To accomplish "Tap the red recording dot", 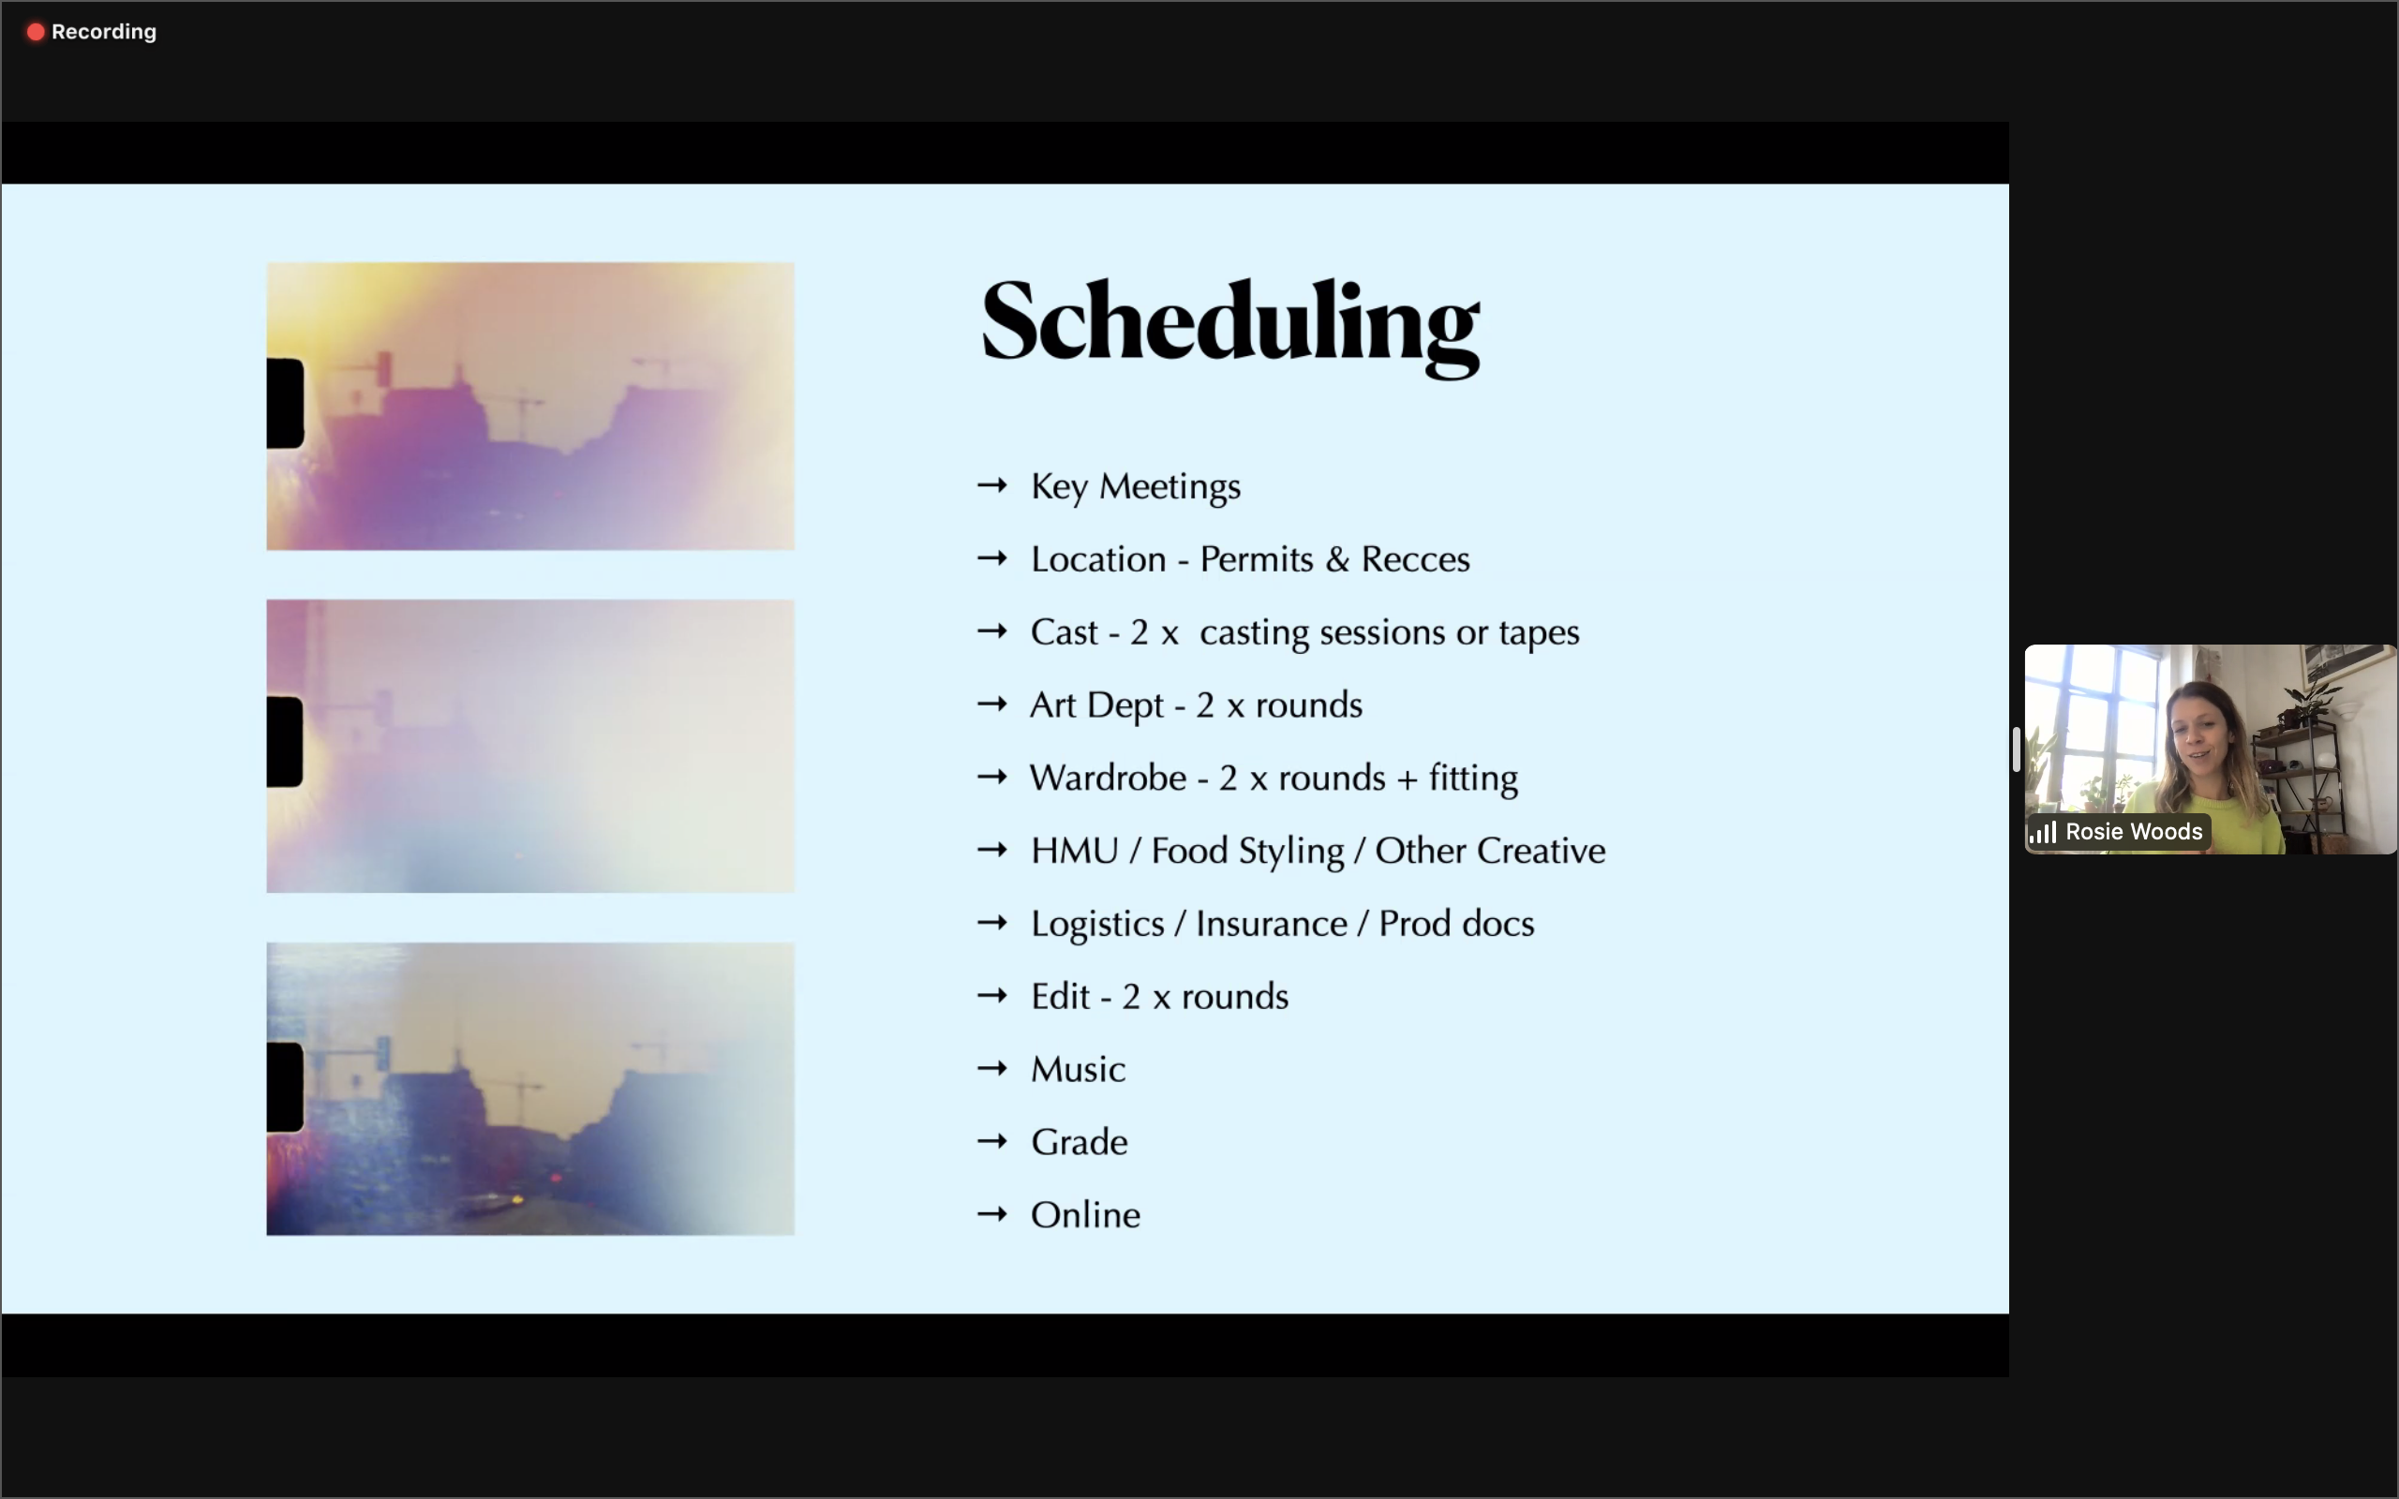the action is [36, 32].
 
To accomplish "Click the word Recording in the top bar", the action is [104, 32].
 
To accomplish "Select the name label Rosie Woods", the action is [2133, 832].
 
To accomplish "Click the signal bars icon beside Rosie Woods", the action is [2043, 833].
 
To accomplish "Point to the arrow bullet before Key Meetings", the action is [992, 486].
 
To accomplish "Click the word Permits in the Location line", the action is [1256, 559].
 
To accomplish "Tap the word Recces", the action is [1416, 559].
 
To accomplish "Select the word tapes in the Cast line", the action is [1539, 632].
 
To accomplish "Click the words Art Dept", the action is [1096, 705].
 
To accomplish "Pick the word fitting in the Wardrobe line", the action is [1473, 779].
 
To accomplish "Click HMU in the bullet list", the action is [1075, 851].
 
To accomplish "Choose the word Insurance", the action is [1271, 924].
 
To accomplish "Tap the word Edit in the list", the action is [1061, 996].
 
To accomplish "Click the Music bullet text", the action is [1078, 1070].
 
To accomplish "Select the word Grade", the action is [1079, 1142].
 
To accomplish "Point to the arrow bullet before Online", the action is [992, 1214].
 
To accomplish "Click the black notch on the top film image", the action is [285, 404].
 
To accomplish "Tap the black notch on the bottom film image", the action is [285, 1088].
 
